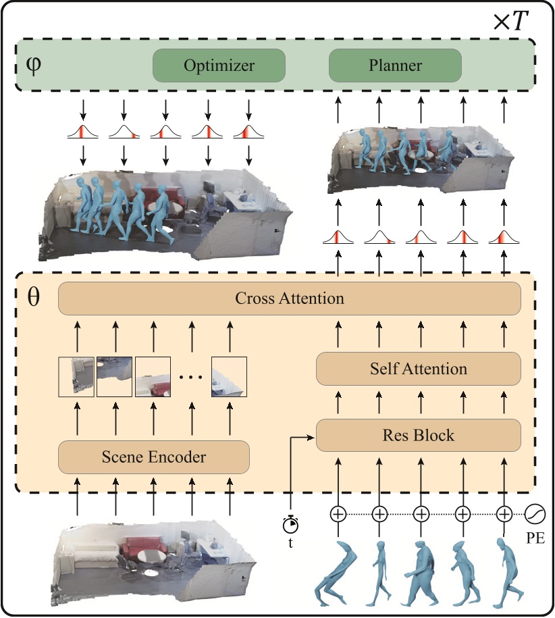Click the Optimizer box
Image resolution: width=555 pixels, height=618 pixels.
[219, 66]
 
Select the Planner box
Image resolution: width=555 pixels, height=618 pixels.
[395, 66]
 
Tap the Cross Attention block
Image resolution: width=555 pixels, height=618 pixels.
[290, 298]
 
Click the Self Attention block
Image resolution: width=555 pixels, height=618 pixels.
[419, 369]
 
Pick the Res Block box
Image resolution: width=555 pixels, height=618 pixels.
[419, 435]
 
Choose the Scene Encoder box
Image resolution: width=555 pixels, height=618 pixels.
[154, 457]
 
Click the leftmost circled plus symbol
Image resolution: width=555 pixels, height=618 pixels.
[338, 515]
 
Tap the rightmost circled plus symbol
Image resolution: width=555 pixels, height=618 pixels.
[504, 515]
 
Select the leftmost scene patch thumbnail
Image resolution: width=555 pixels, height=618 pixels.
[76, 376]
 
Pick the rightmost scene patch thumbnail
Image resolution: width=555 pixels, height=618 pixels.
[229, 376]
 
